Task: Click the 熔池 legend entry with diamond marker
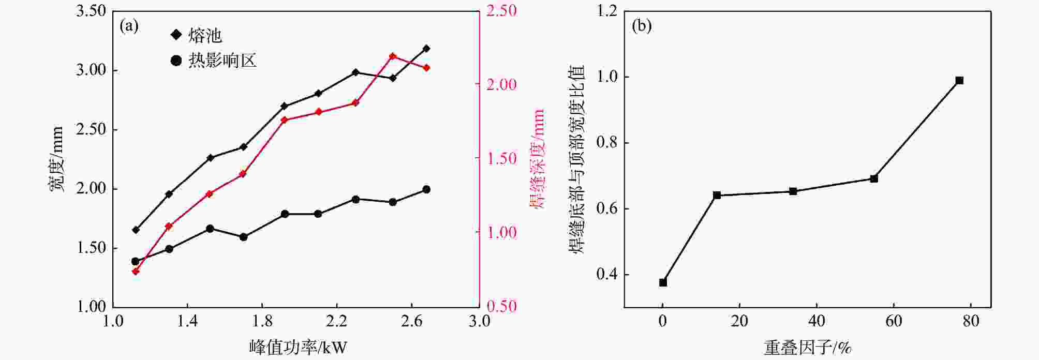click(x=197, y=35)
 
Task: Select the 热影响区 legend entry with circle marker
click(x=213, y=61)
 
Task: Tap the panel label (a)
click(x=129, y=26)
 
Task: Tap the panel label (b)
click(x=642, y=26)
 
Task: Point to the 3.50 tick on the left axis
click(x=91, y=11)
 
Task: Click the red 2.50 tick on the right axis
click(x=501, y=11)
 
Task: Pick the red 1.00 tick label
click(x=501, y=232)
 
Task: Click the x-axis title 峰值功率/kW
click(x=298, y=347)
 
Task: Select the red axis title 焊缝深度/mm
click(x=538, y=158)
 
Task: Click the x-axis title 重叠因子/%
click(x=808, y=347)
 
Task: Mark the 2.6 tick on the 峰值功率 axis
click(x=411, y=321)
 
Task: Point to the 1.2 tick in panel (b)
click(x=607, y=11)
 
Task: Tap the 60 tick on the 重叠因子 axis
click(x=894, y=321)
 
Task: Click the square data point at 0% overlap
click(x=663, y=282)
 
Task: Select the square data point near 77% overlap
click(x=959, y=80)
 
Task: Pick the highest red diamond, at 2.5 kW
click(x=393, y=56)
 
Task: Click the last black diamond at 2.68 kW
click(x=426, y=49)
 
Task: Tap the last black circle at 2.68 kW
click(x=426, y=190)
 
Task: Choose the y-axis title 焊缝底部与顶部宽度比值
click(x=577, y=159)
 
